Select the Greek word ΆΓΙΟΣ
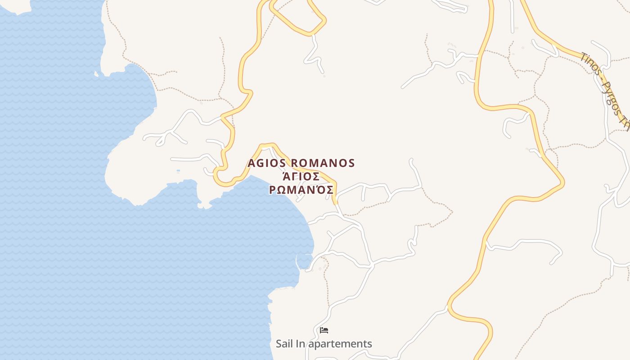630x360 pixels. point(301,176)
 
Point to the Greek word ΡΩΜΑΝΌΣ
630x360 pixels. point(301,189)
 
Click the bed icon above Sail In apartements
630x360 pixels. point(324,330)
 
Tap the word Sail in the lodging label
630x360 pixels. point(284,344)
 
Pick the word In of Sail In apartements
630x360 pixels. point(300,344)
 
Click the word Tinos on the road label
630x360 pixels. point(589,64)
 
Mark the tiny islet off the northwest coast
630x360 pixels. point(96,74)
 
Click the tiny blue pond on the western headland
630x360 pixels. point(179,171)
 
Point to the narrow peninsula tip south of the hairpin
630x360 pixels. point(205,205)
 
